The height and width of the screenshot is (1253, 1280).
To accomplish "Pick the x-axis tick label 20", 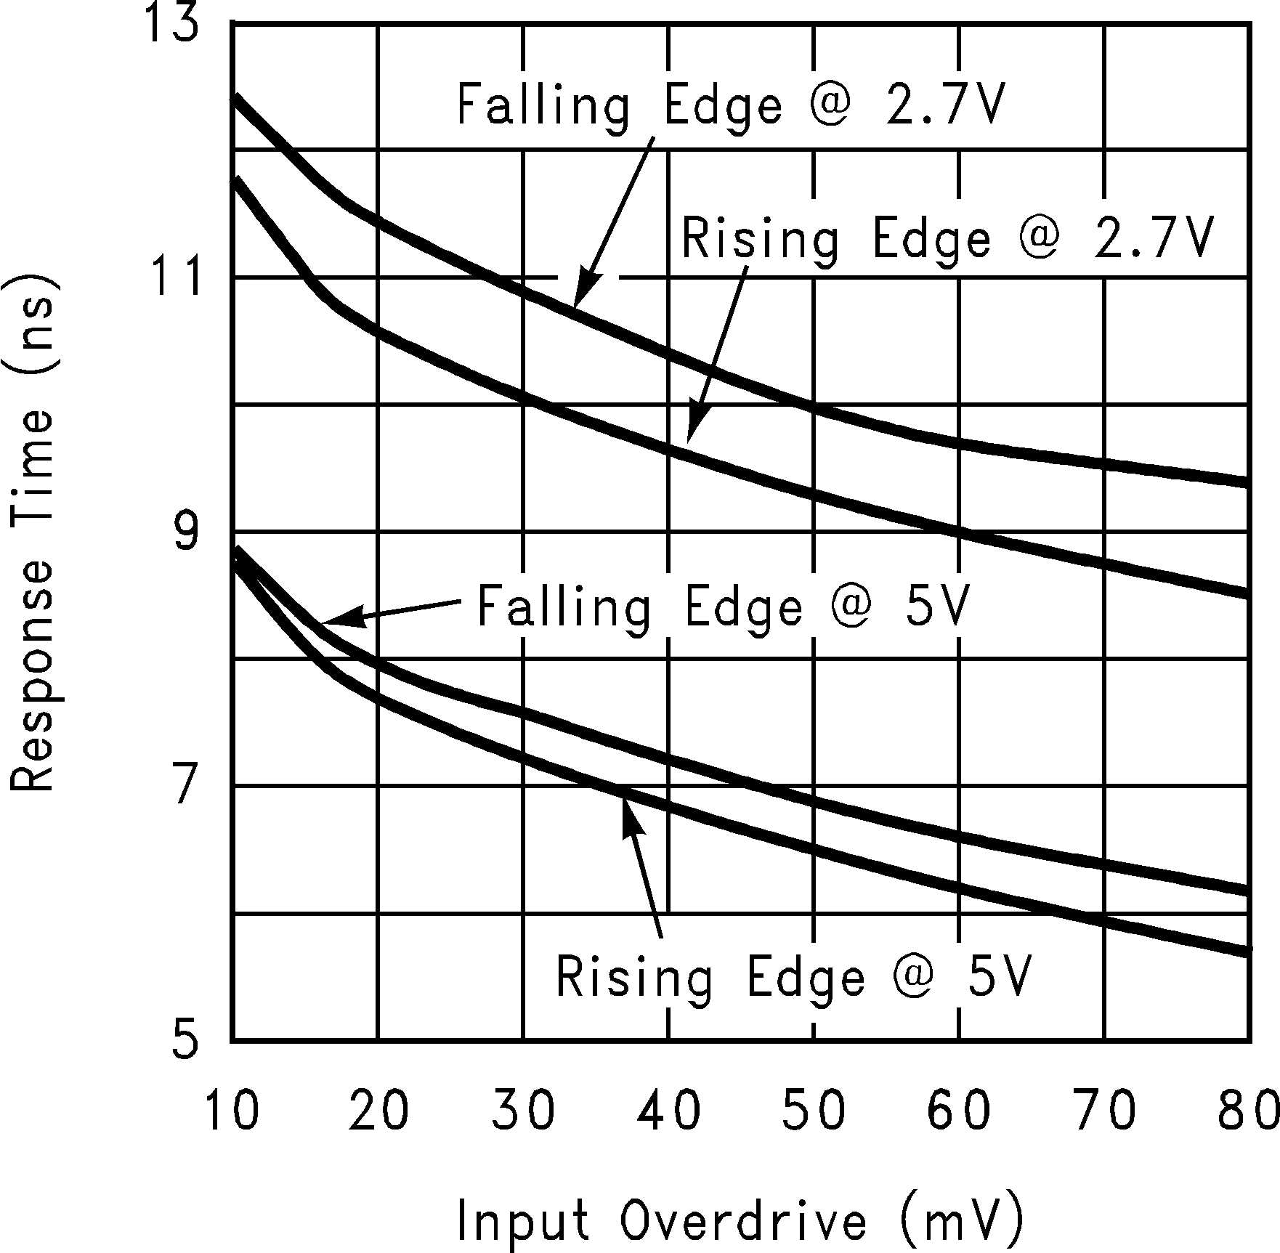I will point(378,1111).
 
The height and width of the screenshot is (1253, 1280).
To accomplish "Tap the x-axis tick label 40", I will point(668,1111).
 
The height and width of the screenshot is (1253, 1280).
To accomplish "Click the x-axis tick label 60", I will point(959,1111).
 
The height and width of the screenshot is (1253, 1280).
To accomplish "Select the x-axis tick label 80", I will point(1248,1111).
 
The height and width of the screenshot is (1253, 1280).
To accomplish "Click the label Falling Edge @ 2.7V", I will point(730,105).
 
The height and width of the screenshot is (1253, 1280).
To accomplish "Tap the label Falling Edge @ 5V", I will point(723,607).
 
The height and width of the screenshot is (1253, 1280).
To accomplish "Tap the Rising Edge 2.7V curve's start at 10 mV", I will point(235,177).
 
